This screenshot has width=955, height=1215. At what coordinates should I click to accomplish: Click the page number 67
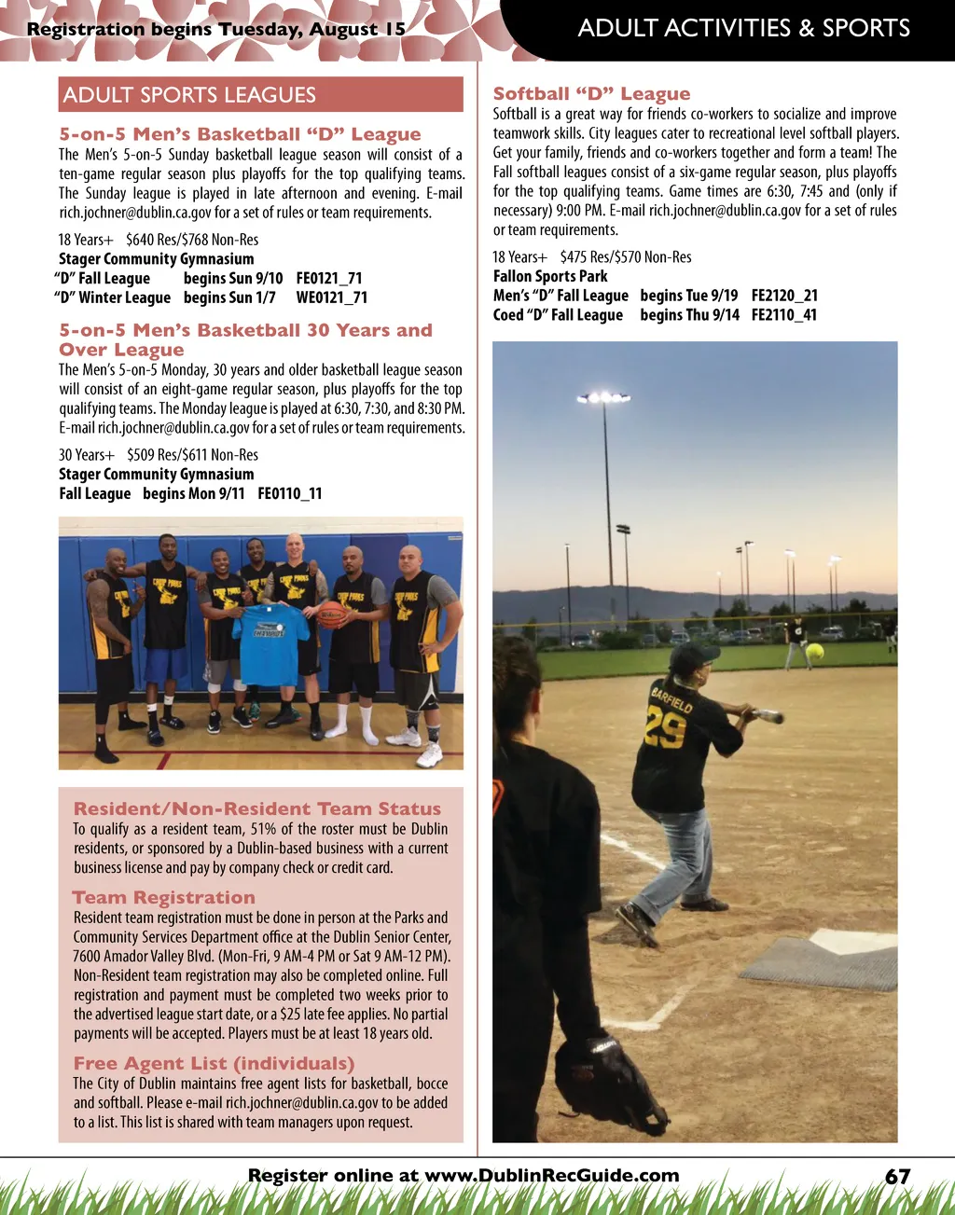click(x=897, y=1177)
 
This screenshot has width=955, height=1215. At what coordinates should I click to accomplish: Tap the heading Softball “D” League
click(x=591, y=93)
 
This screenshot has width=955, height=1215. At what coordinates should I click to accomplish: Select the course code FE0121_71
click(x=329, y=278)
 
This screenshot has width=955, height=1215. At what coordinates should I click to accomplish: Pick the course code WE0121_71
click(x=332, y=297)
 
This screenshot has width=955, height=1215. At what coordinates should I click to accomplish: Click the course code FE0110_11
click(x=290, y=493)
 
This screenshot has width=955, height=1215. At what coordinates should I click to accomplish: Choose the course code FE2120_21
click(x=784, y=296)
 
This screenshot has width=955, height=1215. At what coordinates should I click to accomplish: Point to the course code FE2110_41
click(x=783, y=315)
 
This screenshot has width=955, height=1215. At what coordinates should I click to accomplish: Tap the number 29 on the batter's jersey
click(x=665, y=729)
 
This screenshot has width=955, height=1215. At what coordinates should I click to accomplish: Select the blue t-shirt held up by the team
click(x=270, y=642)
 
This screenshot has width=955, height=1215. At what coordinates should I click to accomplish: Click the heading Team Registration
click(x=164, y=897)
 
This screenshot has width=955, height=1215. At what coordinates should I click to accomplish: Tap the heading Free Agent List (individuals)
click(x=214, y=1063)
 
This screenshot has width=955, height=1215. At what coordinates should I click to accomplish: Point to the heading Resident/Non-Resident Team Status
click(x=257, y=808)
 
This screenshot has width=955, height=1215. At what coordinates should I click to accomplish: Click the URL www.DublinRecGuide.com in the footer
click(x=552, y=1176)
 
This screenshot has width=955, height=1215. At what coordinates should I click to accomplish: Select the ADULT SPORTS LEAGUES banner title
click(x=189, y=95)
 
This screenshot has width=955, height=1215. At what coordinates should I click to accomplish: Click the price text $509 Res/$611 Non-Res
click(x=193, y=455)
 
